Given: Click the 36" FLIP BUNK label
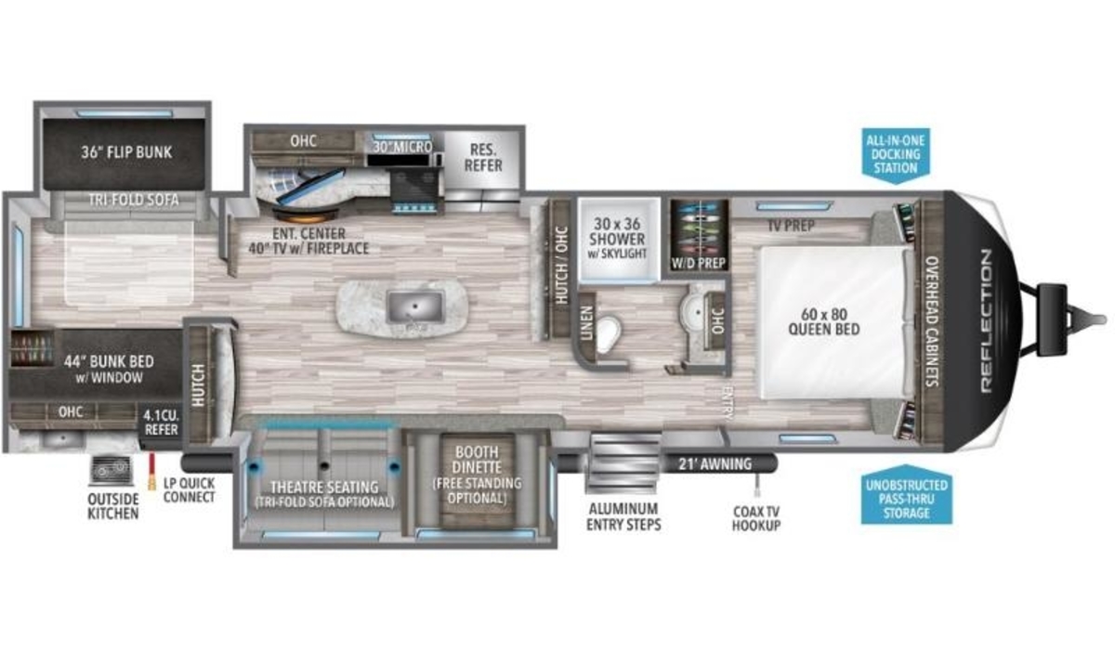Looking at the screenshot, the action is click(126, 152).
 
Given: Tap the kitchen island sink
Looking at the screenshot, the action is click(414, 306).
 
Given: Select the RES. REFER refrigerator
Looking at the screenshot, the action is click(482, 164).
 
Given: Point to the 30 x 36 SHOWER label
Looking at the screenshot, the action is click(617, 231).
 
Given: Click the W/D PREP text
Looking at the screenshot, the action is click(699, 263).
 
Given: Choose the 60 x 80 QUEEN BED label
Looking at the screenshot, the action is click(824, 321).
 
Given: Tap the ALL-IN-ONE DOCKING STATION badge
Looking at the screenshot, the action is click(896, 155).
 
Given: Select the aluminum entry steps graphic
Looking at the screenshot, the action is click(624, 462).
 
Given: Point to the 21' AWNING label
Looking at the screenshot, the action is click(715, 463).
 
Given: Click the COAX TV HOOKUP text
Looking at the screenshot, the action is click(756, 518).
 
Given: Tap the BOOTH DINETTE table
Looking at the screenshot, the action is click(477, 479).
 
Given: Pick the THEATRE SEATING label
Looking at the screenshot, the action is click(324, 487).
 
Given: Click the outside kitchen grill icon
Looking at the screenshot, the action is click(111, 470).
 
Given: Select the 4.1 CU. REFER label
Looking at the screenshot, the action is click(161, 422).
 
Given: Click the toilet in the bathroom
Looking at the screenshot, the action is click(608, 333).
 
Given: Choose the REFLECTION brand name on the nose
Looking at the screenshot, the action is click(986, 321).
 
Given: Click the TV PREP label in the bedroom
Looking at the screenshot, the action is click(791, 226).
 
